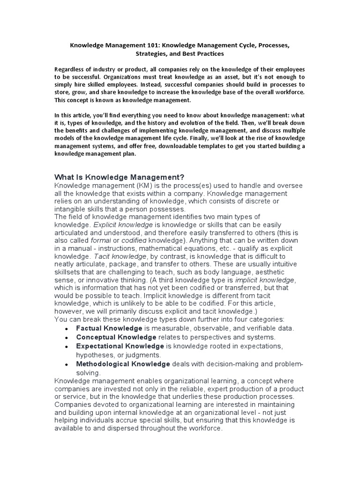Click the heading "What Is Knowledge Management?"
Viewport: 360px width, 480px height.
(x=120, y=177)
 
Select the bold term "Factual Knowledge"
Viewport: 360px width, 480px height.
(x=109, y=328)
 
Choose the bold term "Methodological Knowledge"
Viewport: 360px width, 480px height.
(x=123, y=364)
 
